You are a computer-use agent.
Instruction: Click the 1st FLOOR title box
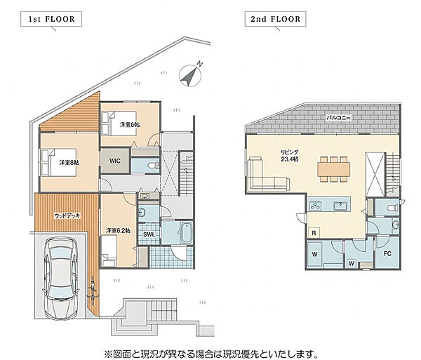[x=51, y=19]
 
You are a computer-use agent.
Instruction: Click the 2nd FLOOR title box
[x=275, y=19]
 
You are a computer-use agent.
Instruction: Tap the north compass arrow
[x=190, y=76]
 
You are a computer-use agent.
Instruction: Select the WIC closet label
[x=115, y=161]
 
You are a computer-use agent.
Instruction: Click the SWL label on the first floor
[x=149, y=234]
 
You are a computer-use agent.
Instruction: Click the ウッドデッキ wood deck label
[x=67, y=215]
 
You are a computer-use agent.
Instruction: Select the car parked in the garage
[x=61, y=278]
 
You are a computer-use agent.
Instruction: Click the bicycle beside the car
[x=93, y=292]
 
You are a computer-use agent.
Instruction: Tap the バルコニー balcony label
[x=338, y=118]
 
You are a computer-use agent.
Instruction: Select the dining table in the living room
[x=333, y=169]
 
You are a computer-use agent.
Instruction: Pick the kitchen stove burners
[x=315, y=206]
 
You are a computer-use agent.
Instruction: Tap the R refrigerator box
[x=314, y=233]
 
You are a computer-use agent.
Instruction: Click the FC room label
[x=387, y=253]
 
